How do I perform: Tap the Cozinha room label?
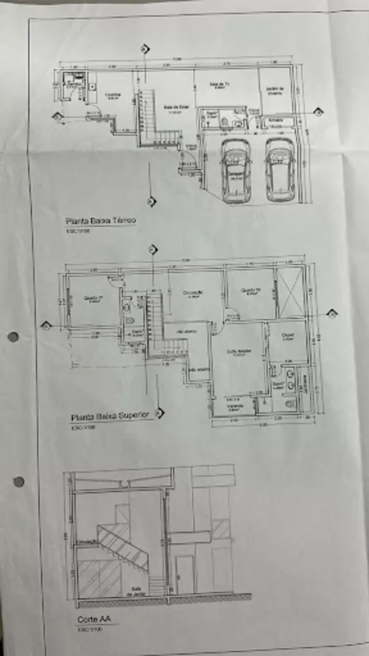pos(113,95)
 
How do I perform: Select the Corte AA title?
pos(88,619)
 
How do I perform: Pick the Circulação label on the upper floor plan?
pos(192,293)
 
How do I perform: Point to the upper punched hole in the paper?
pos(12,337)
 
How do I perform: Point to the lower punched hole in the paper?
pos(18,482)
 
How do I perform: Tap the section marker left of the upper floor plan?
pos(46,325)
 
